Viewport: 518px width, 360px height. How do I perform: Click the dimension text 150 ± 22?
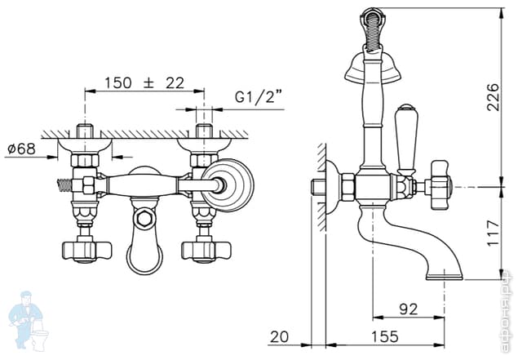point(144,83)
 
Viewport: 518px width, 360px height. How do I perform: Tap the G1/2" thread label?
point(259,97)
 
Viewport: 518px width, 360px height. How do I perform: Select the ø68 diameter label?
point(21,149)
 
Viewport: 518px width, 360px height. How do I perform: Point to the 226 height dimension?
point(492,97)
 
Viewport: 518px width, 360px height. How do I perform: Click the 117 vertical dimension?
point(493,233)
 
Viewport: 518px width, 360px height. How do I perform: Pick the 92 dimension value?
point(409,309)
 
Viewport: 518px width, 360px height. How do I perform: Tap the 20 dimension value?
point(279,337)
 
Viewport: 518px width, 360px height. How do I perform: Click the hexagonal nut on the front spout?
point(144,219)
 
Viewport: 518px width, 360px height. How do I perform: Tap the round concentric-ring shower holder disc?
point(228,184)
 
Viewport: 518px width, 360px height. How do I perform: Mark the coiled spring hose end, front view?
point(64,185)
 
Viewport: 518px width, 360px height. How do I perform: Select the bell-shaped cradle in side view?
point(373,67)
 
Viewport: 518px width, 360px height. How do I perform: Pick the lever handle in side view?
point(405,140)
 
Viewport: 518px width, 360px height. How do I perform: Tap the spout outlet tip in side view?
point(445,277)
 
